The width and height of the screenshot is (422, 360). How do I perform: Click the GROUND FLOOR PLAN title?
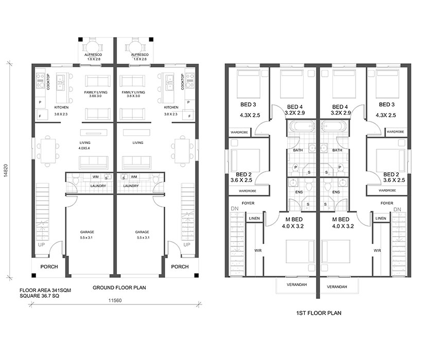coord(119,287)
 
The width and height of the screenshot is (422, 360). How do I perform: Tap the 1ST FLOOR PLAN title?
coord(319,313)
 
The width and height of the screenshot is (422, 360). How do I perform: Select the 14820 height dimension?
coord(6,170)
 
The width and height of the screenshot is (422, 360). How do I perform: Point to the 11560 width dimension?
coord(115,300)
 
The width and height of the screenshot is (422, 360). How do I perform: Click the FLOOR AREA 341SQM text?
coord(45,291)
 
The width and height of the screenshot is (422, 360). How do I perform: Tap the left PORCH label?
coord(49,267)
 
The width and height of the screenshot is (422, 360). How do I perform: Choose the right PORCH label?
coord(180,267)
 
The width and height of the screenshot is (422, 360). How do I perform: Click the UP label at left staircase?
coord(42,245)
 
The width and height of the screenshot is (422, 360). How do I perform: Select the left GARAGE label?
coord(87,232)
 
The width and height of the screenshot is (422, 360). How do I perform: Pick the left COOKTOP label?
coord(48,82)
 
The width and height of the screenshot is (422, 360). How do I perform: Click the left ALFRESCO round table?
coord(93,48)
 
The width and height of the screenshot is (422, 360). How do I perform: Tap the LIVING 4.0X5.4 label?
coord(84,146)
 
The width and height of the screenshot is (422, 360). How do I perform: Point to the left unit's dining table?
coord(48,151)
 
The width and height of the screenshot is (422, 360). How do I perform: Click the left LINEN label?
coord(254,218)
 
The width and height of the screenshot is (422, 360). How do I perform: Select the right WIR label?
coord(377,250)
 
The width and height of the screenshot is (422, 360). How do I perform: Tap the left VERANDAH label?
coord(296,284)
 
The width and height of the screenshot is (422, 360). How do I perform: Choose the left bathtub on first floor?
coord(301,127)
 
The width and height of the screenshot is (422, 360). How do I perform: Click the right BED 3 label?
coord(386,104)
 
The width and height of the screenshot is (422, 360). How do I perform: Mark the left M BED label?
coord(294,220)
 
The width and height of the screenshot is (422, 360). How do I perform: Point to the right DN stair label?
coord(397,209)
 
